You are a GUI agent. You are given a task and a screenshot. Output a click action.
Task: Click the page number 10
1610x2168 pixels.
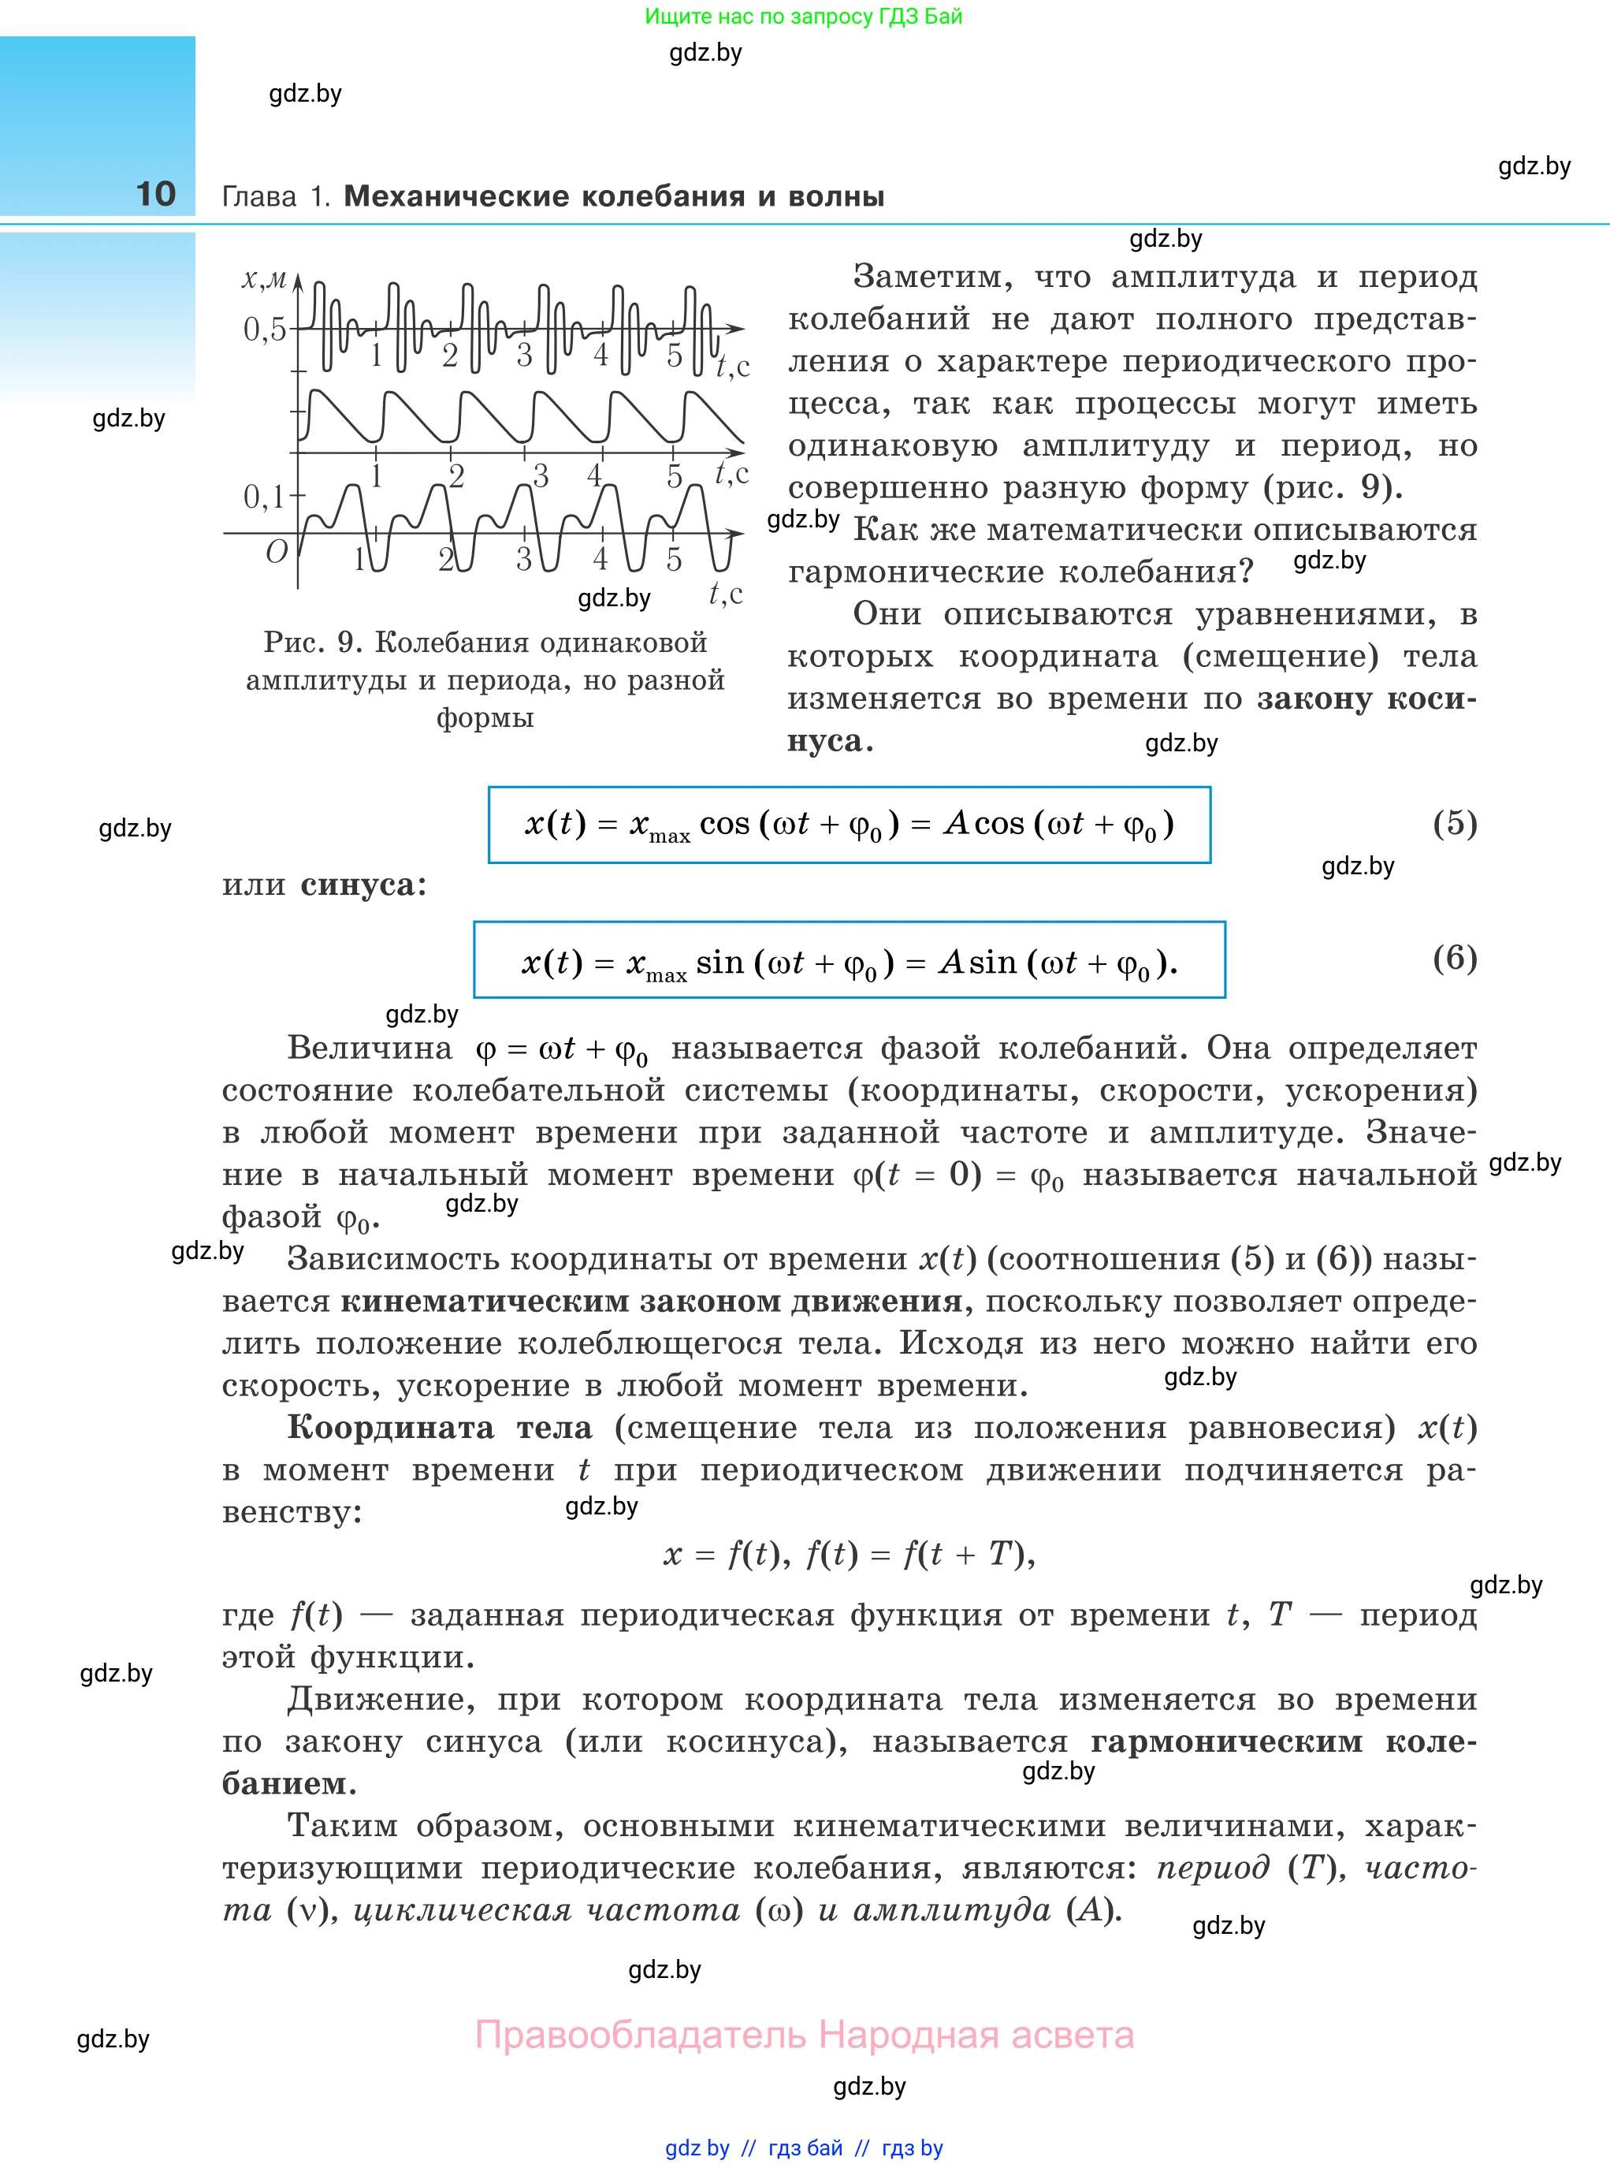pos(156,194)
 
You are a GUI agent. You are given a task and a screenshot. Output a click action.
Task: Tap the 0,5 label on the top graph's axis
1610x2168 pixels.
pos(264,330)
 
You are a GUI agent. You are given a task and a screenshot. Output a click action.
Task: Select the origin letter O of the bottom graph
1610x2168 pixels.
pos(277,553)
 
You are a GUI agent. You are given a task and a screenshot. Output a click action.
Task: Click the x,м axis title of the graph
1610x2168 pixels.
pos(264,280)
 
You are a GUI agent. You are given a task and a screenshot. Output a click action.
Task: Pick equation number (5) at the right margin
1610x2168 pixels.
pos(1454,823)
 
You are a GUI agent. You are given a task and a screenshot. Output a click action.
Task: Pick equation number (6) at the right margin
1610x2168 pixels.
pos(1454,957)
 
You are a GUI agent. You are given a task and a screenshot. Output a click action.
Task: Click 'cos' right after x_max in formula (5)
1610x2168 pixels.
pos(725,824)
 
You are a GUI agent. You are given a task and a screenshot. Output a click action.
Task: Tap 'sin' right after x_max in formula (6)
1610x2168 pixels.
pos(720,963)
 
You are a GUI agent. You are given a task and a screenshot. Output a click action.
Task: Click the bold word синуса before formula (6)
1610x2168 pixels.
pos(358,885)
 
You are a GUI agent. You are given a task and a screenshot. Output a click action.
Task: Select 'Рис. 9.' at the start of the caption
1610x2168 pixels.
pos(313,643)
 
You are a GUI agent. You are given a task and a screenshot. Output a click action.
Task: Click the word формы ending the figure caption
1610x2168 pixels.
pos(485,718)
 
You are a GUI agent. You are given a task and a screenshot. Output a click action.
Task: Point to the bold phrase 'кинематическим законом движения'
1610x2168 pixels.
pos(651,1302)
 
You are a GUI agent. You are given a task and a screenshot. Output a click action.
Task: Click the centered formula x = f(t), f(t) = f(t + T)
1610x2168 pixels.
pos(849,1554)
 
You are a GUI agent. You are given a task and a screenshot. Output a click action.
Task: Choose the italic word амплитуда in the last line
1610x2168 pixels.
pos(951,1909)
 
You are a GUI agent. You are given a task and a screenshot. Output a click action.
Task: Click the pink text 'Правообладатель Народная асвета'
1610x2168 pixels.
pos(804,2035)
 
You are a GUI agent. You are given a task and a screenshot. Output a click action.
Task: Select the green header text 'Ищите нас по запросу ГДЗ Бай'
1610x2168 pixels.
pos(803,17)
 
